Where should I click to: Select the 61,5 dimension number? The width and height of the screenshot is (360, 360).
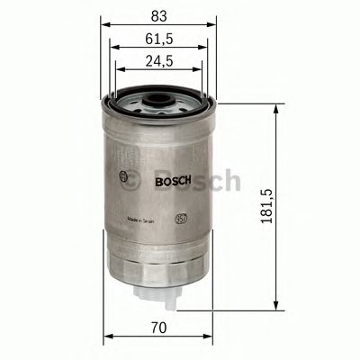click(159, 37)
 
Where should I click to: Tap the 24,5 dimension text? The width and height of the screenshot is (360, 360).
click(159, 60)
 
